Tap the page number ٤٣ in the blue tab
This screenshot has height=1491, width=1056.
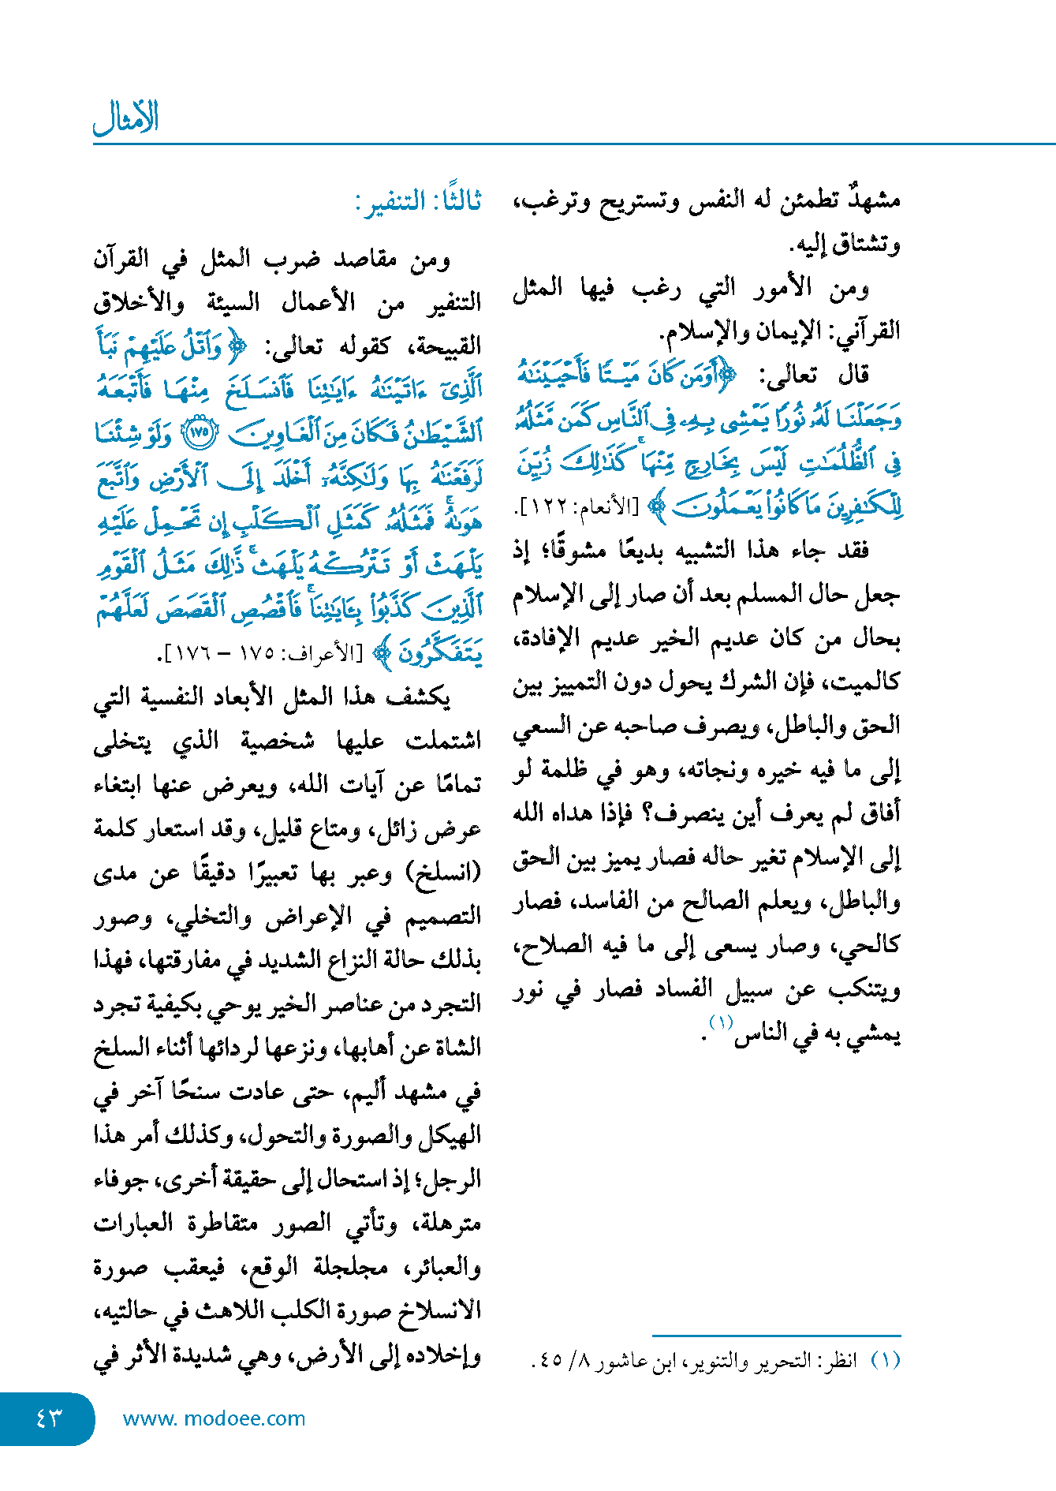pos(49,1418)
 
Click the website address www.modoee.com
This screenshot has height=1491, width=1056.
pos(214,1418)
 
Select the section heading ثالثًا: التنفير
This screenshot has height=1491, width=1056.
pos(419,202)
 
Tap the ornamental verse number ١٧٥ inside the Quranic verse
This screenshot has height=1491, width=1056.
pos(200,433)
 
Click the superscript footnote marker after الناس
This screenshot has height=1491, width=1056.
pos(721,1023)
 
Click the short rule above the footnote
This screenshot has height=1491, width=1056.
pos(776,1336)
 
